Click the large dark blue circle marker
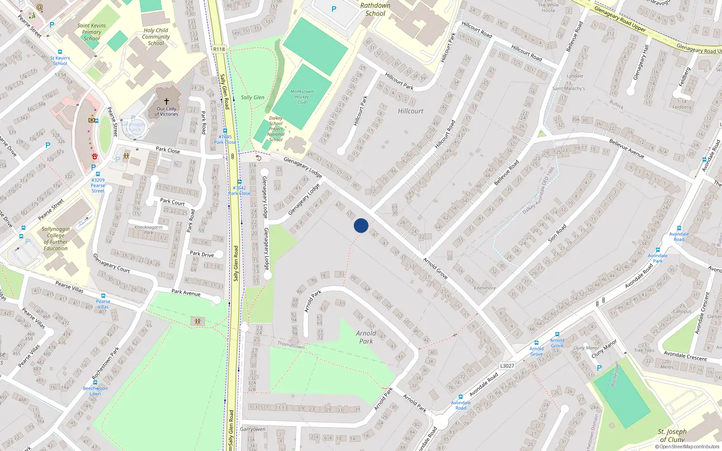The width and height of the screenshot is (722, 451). click(x=361, y=225)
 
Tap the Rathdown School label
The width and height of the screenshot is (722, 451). click(x=375, y=9)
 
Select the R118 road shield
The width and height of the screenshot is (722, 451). click(x=219, y=49)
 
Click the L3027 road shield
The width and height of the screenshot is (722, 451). click(x=507, y=366)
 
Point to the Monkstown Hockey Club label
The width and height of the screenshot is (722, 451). click(x=302, y=97)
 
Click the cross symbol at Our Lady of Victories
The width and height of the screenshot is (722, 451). click(x=167, y=101)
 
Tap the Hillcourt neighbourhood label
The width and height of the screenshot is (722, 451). click(x=411, y=111)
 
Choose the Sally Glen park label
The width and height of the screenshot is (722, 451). click(x=252, y=97)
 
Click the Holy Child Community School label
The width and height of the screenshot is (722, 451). click(x=156, y=37)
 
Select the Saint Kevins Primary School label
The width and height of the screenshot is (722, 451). click(x=92, y=32)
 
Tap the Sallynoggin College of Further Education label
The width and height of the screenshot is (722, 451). click(x=56, y=239)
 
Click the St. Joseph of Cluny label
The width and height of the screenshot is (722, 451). click(x=672, y=436)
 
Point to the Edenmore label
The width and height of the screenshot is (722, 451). click(x=485, y=288)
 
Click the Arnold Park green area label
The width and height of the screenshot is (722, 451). click(x=366, y=337)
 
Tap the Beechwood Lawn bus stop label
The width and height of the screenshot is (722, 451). click(x=95, y=391)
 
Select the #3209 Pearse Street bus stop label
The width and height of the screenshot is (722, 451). click(x=97, y=185)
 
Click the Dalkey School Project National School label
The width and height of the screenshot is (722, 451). click(x=276, y=129)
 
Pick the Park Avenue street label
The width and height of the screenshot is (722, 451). click(x=186, y=293)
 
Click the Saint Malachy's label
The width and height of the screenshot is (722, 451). click(x=568, y=88)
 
